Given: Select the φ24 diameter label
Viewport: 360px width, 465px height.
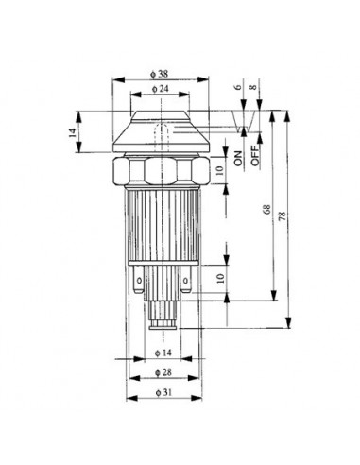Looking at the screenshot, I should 158,90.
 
